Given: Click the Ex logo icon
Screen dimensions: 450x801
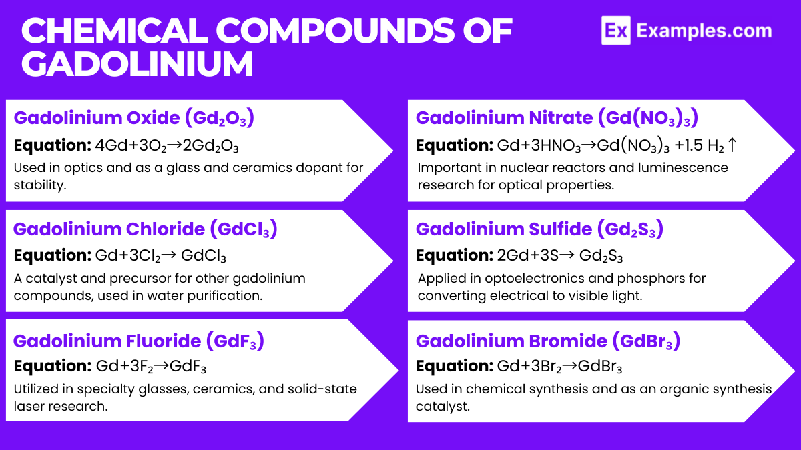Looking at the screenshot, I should (x=615, y=31).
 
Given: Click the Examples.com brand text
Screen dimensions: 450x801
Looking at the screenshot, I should (x=704, y=31).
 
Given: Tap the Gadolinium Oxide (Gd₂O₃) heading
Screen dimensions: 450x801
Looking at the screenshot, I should (x=134, y=118).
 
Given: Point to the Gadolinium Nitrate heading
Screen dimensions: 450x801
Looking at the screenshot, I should (x=557, y=118).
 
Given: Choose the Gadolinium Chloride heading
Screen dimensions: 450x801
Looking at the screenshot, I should (x=145, y=229).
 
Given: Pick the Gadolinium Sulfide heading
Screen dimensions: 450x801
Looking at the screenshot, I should (x=539, y=229).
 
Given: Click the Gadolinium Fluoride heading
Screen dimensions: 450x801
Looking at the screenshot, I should (x=139, y=341).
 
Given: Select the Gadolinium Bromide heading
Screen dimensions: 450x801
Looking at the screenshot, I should (x=547, y=341).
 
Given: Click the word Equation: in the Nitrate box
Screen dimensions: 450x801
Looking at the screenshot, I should (x=454, y=145).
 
